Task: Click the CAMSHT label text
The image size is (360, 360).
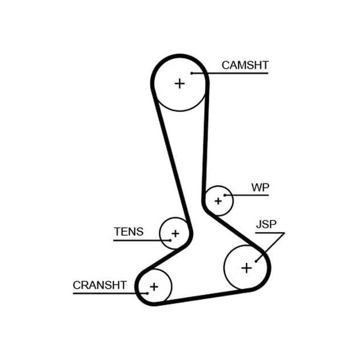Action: pyautogui.click(x=245, y=65)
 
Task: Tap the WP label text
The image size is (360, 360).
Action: pyautogui.click(x=260, y=187)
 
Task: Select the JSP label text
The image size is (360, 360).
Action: pyautogui.click(x=266, y=224)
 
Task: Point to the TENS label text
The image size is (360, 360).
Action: pyautogui.click(x=128, y=232)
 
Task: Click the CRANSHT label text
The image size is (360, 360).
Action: pyautogui.click(x=100, y=285)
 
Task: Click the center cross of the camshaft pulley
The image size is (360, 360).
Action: pyautogui.click(x=179, y=83)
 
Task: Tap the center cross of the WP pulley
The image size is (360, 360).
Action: pyautogui.click(x=218, y=201)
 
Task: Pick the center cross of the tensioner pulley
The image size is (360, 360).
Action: pyautogui.click(x=175, y=233)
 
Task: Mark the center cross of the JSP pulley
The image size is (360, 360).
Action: pyautogui.click(x=247, y=268)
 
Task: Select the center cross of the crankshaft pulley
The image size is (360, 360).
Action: pyautogui.click(x=154, y=287)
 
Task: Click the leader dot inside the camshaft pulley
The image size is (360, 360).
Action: pyautogui.click(x=192, y=73)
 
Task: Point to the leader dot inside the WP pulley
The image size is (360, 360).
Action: pyautogui.click(x=226, y=195)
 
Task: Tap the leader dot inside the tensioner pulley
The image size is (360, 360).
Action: pyautogui.click(x=170, y=241)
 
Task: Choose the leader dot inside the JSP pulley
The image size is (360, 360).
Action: pyautogui.click(x=256, y=261)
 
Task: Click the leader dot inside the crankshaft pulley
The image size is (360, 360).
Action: pyautogui.click(x=147, y=293)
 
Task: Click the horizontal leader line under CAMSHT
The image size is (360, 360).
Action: pyautogui.click(x=230, y=73)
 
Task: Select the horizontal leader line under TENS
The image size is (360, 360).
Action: pyautogui.click(x=142, y=241)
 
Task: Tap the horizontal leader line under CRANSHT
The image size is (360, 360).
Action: pyautogui.click(x=110, y=293)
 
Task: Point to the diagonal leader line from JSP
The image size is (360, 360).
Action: pyautogui.click(x=271, y=247)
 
